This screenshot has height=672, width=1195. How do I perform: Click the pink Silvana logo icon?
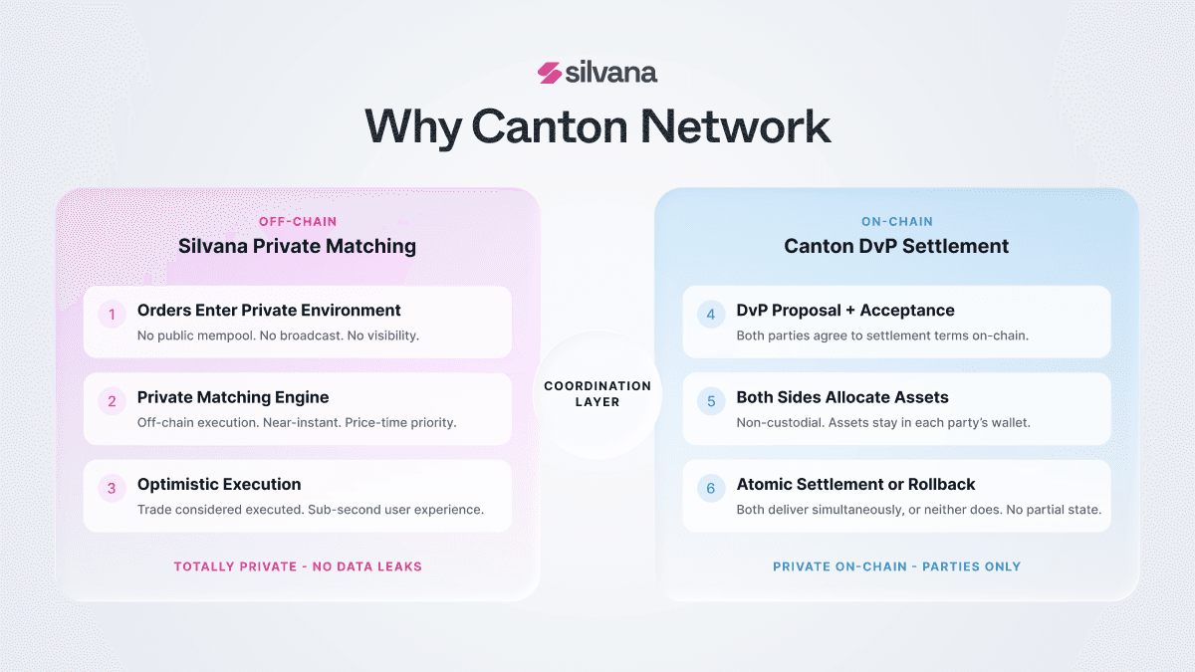[550, 73]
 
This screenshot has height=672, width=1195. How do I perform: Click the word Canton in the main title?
[550, 127]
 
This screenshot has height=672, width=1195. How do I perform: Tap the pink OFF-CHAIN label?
[298, 221]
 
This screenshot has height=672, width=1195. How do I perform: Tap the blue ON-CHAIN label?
[897, 221]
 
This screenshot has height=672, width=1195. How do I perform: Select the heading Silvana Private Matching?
[297, 247]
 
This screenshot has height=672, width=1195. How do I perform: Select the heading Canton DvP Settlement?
[896, 247]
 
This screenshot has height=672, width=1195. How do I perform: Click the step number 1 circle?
[112, 315]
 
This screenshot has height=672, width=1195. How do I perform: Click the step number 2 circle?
[112, 401]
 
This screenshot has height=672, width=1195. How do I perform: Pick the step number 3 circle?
[112, 488]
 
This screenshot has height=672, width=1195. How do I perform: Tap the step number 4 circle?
[711, 315]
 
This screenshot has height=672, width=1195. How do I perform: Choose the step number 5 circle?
[711, 401]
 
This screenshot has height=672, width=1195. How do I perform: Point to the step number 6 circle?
[711, 488]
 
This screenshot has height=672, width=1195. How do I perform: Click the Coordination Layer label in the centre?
[597, 394]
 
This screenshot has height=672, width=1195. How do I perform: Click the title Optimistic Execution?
[219, 484]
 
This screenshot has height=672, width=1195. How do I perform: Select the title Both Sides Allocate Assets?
[842, 397]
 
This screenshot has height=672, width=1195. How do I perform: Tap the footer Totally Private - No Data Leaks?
[298, 566]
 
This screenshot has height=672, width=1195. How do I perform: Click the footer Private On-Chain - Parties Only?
[897, 566]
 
